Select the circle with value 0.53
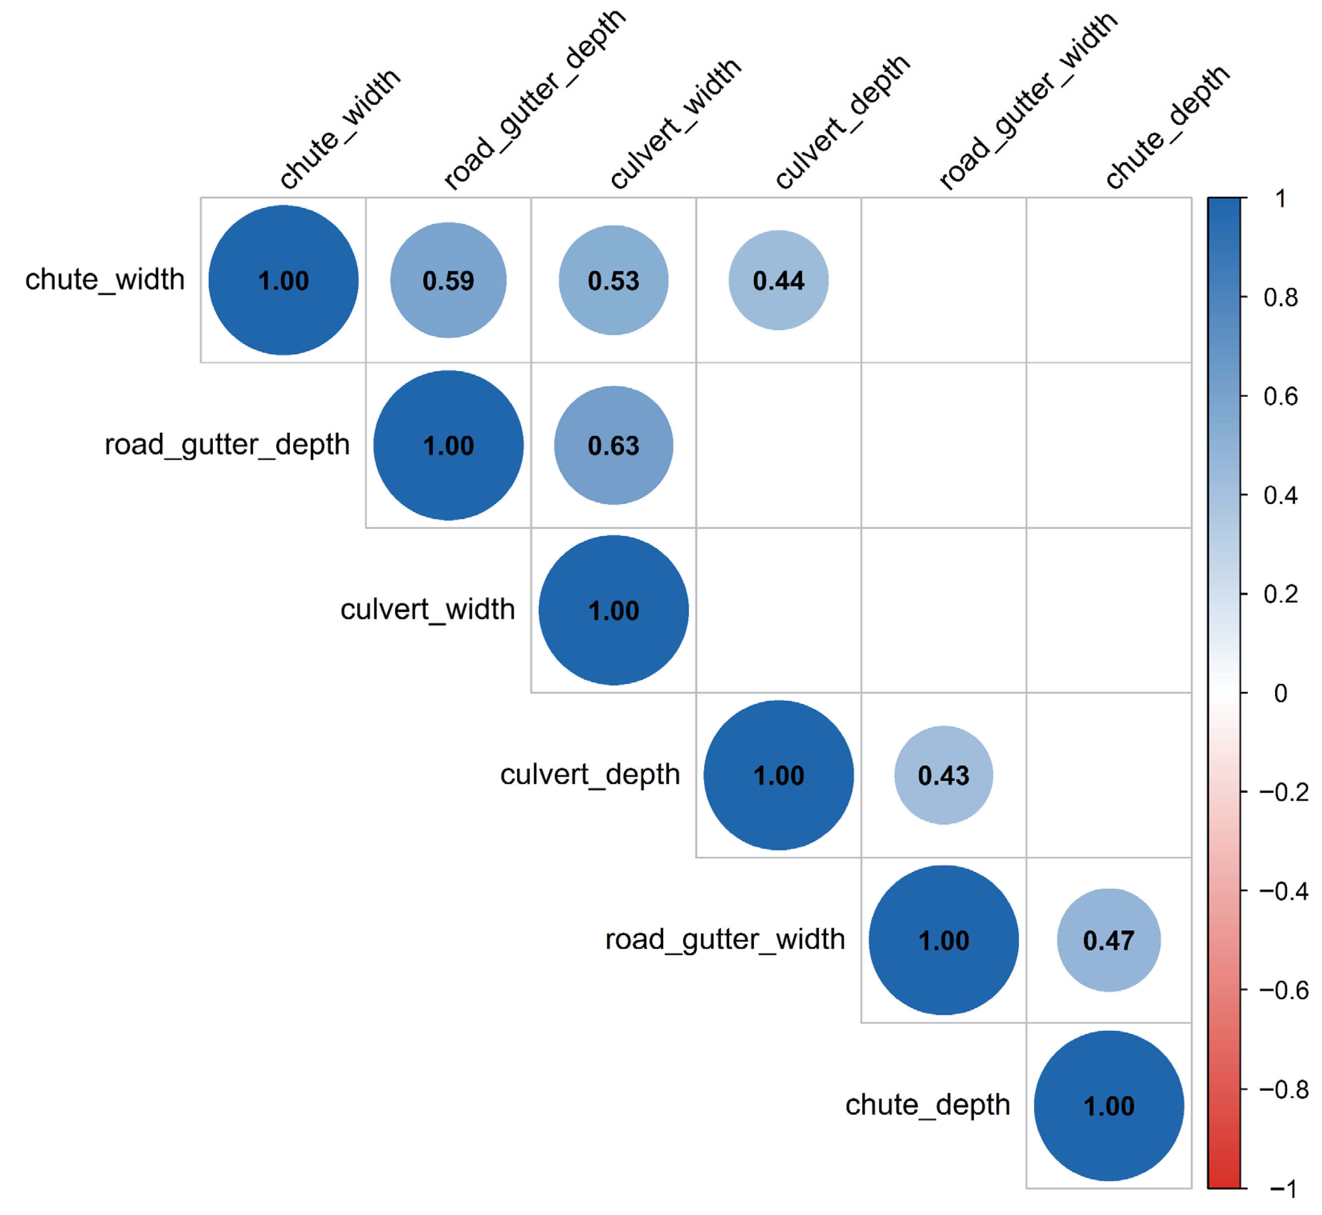[613, 280]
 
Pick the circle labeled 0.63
[613, 445]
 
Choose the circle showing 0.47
[1109, 940]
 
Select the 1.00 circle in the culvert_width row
[613, 610]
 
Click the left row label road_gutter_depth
[227, 445]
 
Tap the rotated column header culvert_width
[676, 123]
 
